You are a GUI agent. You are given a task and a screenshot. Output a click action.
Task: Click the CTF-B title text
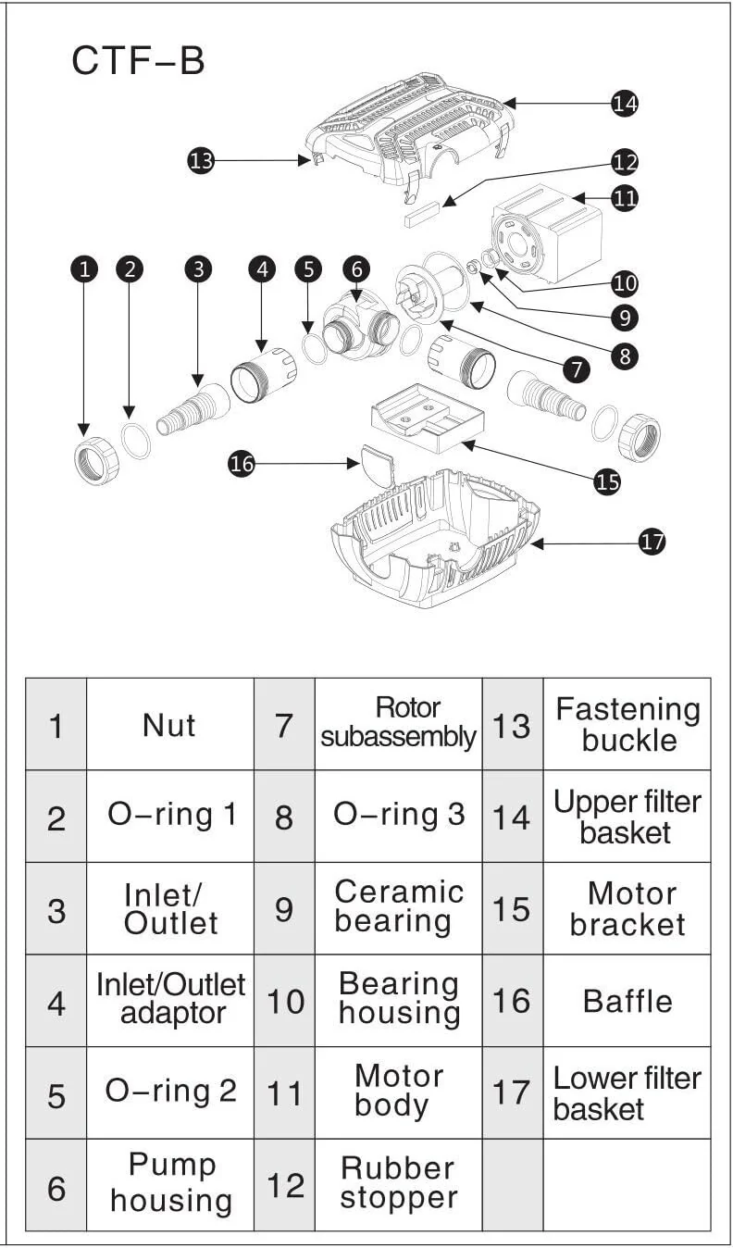pos(139,61)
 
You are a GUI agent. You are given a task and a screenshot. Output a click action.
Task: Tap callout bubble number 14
pos(625,104)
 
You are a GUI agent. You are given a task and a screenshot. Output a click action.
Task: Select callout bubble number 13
pos(201,160)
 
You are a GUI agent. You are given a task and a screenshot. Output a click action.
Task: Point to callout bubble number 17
pos(652,542)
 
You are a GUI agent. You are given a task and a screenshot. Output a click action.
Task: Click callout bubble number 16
pos(242,465)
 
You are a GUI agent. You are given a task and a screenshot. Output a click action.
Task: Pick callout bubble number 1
pos(85,269)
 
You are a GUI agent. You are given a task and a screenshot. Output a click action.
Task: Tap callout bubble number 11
pos(625,197)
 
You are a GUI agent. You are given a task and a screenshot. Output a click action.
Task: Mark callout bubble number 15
pos(607,481)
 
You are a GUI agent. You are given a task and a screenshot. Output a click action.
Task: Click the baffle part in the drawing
pos(375,465)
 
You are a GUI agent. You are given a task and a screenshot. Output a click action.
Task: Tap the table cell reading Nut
pos(169,725)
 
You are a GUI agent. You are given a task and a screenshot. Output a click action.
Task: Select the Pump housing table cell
pos(169,1183)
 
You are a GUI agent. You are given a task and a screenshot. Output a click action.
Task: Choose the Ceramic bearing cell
pos(398,907)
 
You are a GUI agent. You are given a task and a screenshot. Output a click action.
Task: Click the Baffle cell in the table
pos(627,1000)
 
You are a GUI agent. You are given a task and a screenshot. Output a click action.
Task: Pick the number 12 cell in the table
pos(284,1184)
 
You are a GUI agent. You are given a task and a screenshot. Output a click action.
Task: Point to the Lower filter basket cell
pos(627,1092)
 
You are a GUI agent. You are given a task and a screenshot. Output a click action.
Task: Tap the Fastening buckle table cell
pos(627,725)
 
